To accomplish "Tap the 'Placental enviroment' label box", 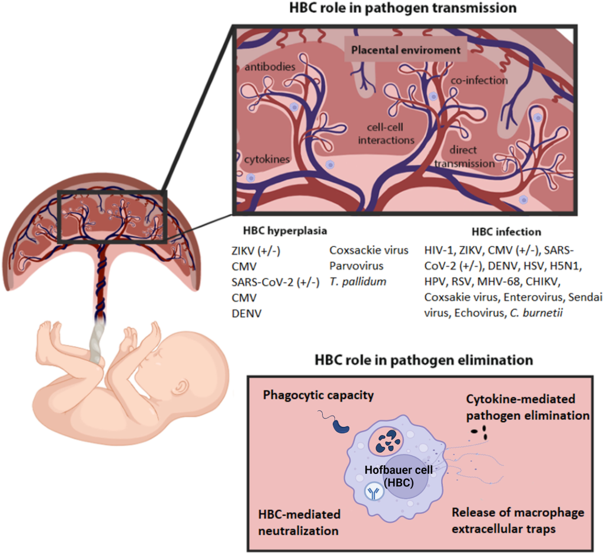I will pyautogui.click(x=406, y=50).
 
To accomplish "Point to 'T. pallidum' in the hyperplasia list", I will pyautogui.click(x=357, y=281).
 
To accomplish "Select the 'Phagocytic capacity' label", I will pyautogui.click(x=319, y=395).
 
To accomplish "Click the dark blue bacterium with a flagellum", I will pyautogui.click(x=340, y=426).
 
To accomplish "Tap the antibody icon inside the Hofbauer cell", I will pyautogui.click(x=373, y=492).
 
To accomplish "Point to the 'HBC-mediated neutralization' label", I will pyautogui.click(x=298, y=522).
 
